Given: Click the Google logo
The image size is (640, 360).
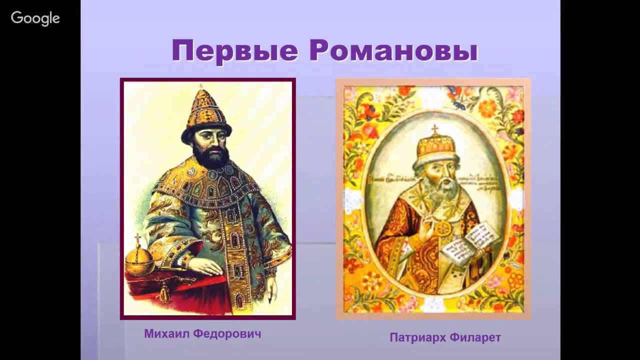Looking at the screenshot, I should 35,18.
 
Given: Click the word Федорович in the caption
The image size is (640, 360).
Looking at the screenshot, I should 230,333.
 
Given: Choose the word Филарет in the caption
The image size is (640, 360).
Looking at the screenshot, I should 475,338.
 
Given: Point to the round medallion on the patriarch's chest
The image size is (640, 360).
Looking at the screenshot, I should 443,228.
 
